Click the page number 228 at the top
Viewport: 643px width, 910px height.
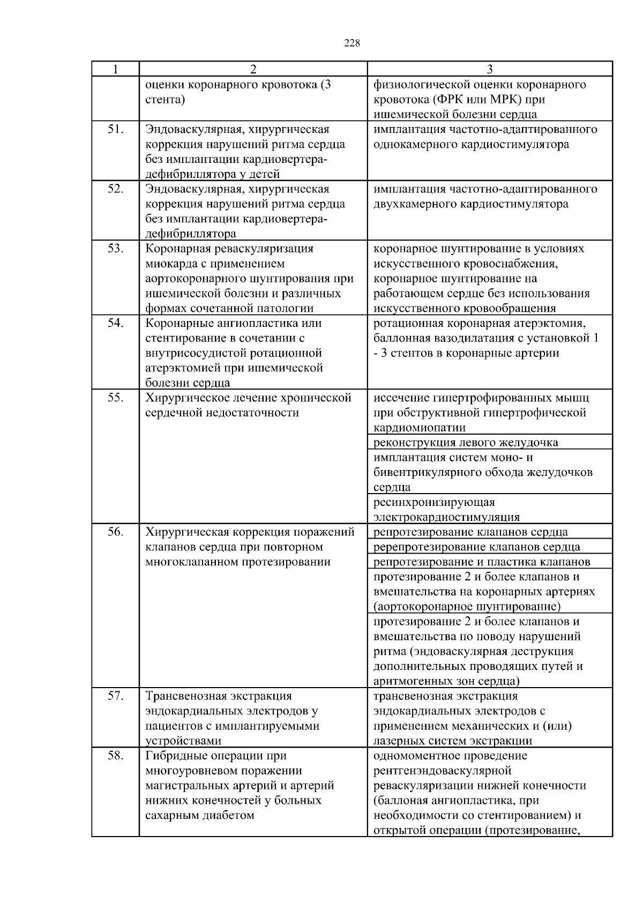[352, 43]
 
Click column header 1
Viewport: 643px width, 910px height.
[115, 69]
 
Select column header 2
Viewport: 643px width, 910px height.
[253, 69]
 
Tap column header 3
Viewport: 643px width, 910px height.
[489, 69]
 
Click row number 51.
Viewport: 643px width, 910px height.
[115, 130]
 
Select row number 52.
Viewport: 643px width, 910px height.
[115, 189]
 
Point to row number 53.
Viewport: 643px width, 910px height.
[115, 249]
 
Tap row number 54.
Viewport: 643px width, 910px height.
[115, 323]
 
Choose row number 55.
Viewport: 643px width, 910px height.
[115, 398]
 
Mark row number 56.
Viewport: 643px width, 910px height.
[115, 532]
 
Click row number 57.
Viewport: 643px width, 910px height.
[115, 696]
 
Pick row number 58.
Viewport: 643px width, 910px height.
[115, 756]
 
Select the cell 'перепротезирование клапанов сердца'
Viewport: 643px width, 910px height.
[476, 547]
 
